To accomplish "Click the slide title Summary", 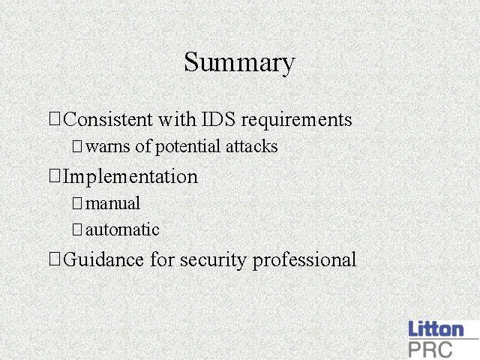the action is click(x=239, y=63).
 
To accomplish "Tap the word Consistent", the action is click(x=107, y=118).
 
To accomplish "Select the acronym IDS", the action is click(x=218, y=118).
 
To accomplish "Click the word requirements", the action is click(x=296, y=120).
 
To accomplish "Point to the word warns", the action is click(x=108, y=147).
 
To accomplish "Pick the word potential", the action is click(x=187, y=147).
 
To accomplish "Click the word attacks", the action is click(x=252, y=146).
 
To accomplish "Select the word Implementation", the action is click(x=130, y=177).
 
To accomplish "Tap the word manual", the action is click(x=112, y=203).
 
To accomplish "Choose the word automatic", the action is click(x=122, y=229).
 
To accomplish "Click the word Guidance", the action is click(x=103, y=259).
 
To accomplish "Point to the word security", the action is click(x=213, y=260).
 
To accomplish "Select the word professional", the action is click(x=304, y=260).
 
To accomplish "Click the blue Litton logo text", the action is click(x=436, y=329).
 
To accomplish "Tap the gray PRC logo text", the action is click(x=430, y=349).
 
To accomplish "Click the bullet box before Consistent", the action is click(x=55, y=118).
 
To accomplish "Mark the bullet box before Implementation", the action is click(x=55, y=176).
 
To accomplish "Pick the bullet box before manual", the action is click(x=77, y=203).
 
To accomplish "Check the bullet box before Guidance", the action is click(x=55, y=259).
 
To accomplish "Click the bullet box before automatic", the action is click(x=77, y=229).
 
